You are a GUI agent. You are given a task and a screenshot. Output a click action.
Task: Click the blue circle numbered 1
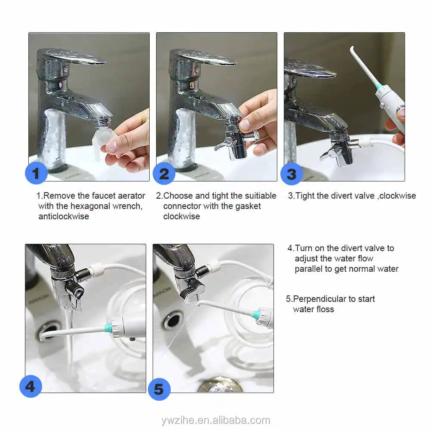pos(36,173)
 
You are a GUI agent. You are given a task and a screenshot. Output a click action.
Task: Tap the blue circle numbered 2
pos(164,173)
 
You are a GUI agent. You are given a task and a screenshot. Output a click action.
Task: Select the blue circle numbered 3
pos(292,174)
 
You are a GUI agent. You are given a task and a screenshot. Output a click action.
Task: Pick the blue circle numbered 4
pos(31,386)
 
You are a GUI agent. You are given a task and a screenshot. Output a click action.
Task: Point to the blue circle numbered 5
pos(159,389)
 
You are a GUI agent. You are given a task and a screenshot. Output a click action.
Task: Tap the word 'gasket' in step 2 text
pos(249,206)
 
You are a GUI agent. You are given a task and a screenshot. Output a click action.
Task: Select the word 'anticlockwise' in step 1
pos(64,216)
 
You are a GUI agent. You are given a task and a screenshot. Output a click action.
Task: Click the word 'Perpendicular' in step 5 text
pos(319,299)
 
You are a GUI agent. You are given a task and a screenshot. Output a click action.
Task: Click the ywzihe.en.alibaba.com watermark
pos(216,420)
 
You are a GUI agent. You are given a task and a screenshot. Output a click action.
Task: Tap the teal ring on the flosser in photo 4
pos(108,327)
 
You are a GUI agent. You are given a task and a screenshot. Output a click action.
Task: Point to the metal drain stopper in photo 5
pos(219,385)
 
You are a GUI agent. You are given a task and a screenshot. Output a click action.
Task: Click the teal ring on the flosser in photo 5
pos(256,313)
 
